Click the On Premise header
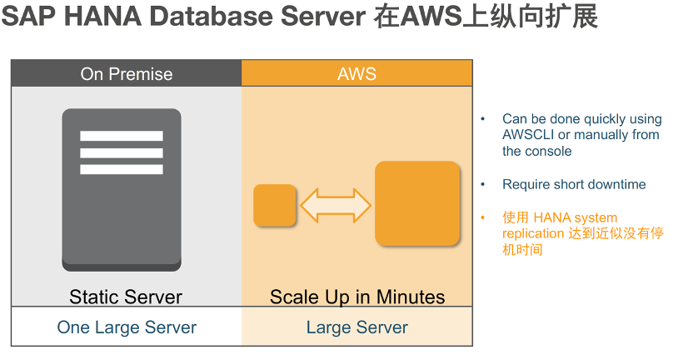tap(127, 73)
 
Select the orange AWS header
tap(357, 73)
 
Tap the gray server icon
tap(122, 190)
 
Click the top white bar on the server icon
tap(122, 136)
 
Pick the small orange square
tap(275, 205)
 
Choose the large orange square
tap(417, 203)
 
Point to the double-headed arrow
tap(336, 205)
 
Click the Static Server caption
tap(126, 297)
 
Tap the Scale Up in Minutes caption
tap(357, 297)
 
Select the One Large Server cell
tap(127, 327)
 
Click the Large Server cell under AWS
tap(357, 327)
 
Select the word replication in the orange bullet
tap(533, 233)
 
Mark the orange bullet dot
tap(482, 217)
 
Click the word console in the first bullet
tap(550, 151)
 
